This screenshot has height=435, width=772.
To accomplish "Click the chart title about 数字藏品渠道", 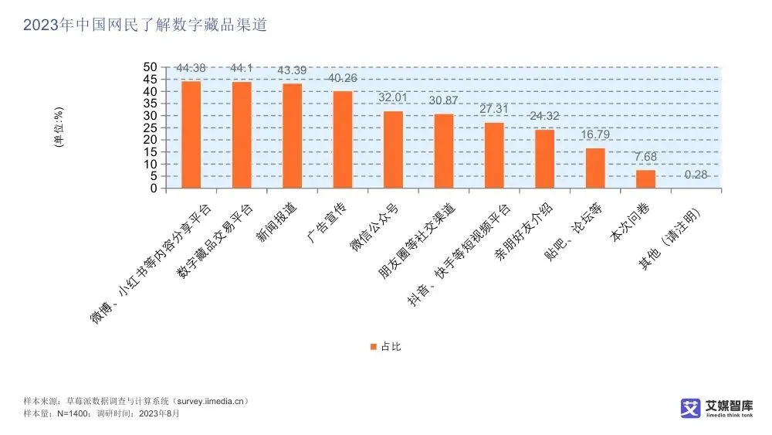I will tap(145, 25).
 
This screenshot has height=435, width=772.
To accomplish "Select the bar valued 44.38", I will tap(191, 134).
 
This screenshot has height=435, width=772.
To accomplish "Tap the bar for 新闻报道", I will tap(292, 136).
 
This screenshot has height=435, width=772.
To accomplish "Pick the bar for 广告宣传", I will tap(342, 140).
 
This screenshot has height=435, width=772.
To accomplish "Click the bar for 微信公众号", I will tap(393, 150).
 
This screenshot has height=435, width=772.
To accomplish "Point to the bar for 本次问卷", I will tap(645, 179).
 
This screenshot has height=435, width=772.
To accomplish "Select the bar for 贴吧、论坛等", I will tap(595, 168).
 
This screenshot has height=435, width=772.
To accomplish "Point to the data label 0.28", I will tap(696, 175).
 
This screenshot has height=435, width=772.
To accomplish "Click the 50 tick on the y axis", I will tap(150, 67).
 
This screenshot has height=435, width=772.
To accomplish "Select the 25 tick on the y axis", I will tap(150, 127).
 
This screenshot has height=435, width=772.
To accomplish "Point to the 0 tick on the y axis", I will tap(154, 189).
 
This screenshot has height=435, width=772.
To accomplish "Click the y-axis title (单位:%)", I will tap(59, 127).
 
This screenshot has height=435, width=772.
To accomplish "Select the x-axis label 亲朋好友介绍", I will tap(527, 233).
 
